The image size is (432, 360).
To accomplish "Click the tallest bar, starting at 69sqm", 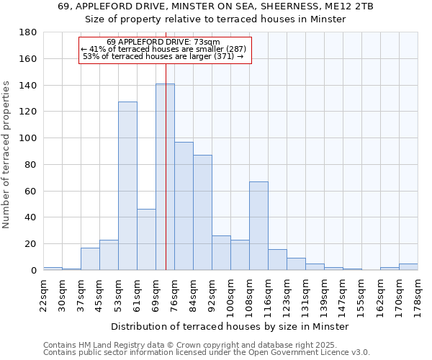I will click(165, 177).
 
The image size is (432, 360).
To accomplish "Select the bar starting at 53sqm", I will click(127, 186).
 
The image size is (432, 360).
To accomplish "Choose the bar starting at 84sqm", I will click(202, 212).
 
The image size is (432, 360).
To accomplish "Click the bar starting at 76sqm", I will click(184, 206).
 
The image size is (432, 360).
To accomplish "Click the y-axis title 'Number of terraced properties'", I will click(7, 155).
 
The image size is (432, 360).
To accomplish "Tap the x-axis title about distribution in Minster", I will click(230, 326).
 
